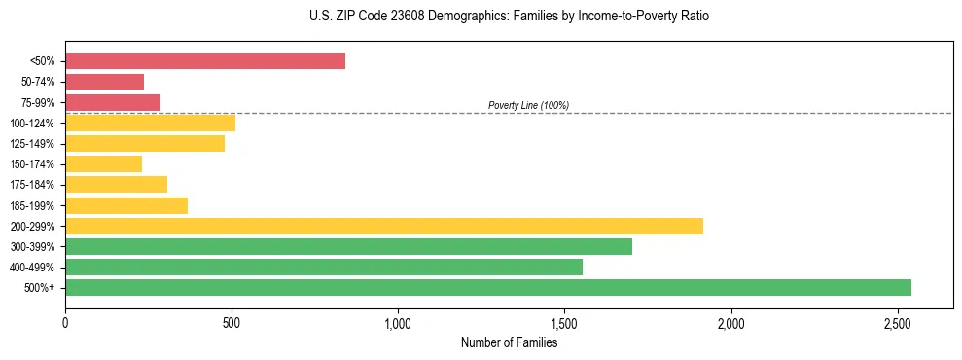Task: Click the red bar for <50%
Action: pos(204,61)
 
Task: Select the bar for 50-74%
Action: pos(104,82)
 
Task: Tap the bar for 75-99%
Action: pos(113,102)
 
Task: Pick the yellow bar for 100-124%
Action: pos(150,123)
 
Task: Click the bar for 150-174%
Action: pos(103,163)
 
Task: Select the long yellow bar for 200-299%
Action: pos(383,226)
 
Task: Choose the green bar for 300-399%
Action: pos(348,246)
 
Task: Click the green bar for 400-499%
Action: pos(323,267)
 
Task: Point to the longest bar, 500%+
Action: pos(487,287)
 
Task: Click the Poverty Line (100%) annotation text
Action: pos(528,105)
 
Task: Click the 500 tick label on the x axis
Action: pos(232,322)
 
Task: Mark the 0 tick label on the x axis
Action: pos(65,322)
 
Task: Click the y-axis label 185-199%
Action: pos(32,205)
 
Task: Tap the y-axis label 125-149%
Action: pos(32,144)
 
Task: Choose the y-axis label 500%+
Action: pos(40,288)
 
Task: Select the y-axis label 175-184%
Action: pos(32,185)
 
